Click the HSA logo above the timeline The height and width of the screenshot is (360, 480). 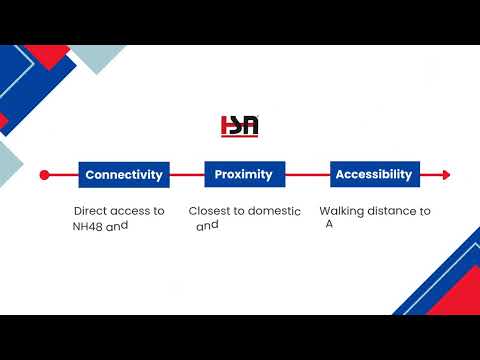240,126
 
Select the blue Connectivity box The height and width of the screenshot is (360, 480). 124,175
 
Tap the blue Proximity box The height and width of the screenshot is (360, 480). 245,174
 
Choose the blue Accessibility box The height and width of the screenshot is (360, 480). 375,174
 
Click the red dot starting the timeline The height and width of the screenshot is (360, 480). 44,175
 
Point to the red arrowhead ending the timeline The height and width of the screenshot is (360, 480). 446,175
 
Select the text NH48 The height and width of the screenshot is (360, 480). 87,227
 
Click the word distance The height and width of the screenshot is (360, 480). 391,211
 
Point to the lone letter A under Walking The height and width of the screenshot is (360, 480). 329,224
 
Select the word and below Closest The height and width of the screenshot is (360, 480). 207,226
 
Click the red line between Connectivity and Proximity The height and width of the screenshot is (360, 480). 187,175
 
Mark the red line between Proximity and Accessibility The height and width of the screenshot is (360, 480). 308,175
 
